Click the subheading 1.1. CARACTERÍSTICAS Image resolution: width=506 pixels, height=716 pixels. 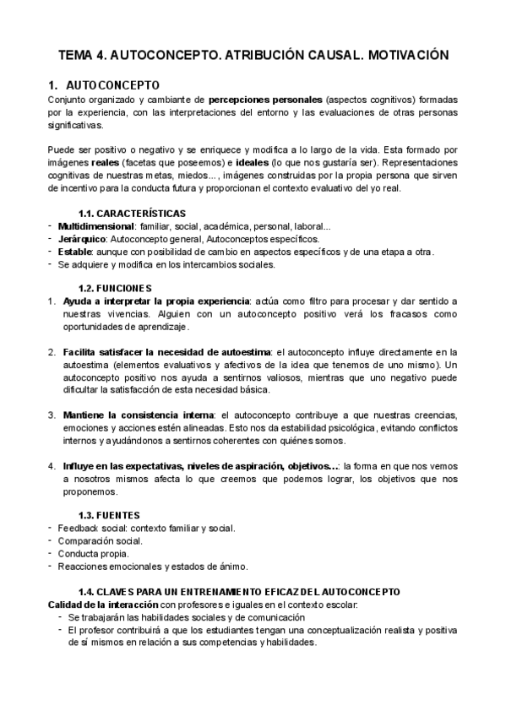click(132, 213)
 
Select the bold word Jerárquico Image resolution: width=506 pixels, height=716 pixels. click(83, 239)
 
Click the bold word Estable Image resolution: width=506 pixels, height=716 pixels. click(74, 252)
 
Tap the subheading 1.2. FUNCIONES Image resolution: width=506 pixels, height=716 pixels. click(115, 288)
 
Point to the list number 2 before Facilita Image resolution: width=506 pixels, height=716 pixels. click(52, 351)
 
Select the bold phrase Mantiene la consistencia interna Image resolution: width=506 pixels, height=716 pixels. click(138, 415)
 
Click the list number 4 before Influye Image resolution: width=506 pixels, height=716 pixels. click(52, 465)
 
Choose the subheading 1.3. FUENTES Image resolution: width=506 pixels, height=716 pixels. click(109, 514)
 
